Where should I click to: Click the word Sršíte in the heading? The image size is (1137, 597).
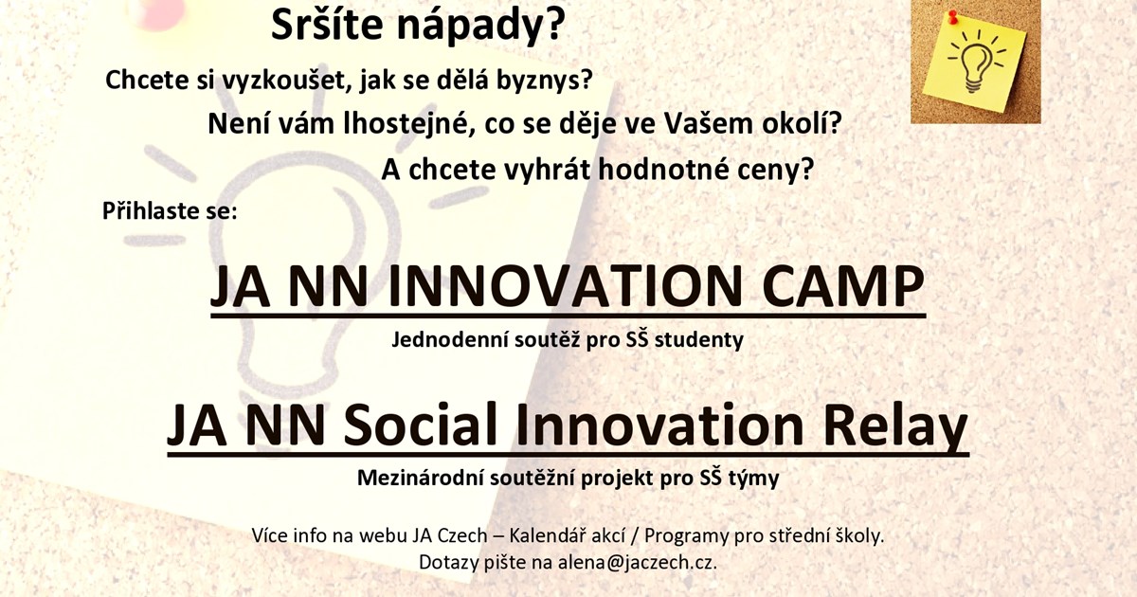pos(327,26)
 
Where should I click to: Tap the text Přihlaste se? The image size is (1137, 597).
pos(170,210)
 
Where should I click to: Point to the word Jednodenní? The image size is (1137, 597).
pos(450,339)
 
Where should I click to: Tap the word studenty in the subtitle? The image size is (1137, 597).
pos(699,340)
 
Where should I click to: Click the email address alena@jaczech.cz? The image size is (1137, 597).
pos(638,563)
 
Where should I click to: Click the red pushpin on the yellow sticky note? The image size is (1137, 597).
pos(953,17)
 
